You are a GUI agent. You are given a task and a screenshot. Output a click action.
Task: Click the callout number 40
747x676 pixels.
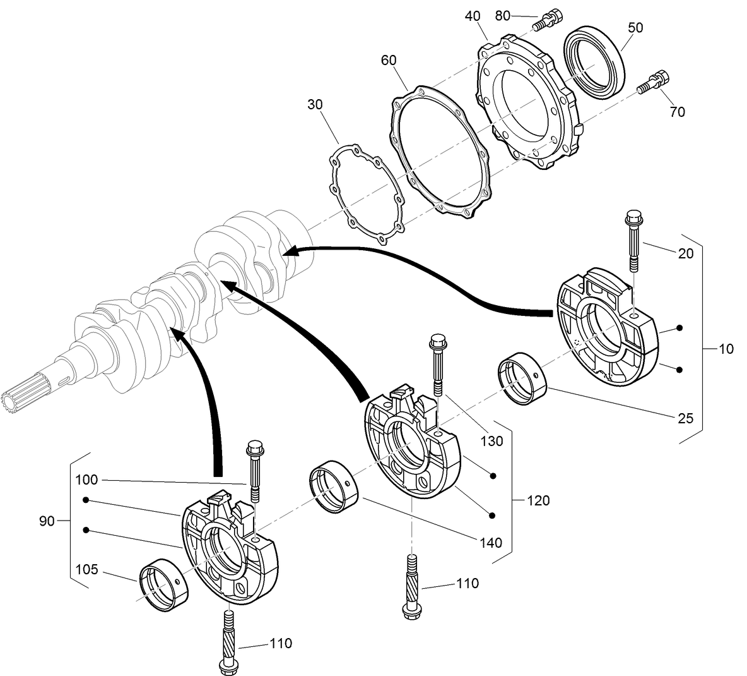[x=473, y=16]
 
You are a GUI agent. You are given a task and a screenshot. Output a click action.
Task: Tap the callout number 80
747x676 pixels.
[x=503, y=16]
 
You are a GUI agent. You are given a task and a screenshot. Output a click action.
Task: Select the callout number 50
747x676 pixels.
[x=636, y=28]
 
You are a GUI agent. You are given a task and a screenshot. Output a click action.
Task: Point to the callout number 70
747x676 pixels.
[x=677, y=112]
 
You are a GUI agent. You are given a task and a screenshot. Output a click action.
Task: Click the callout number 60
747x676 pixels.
[x=389, y=60]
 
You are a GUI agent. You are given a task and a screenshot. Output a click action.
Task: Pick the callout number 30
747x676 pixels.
[x=315, y=103]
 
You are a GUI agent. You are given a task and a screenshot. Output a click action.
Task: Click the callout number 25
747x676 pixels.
[x=685, y=418]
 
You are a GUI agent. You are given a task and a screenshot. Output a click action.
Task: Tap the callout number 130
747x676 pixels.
[x=491, y=441]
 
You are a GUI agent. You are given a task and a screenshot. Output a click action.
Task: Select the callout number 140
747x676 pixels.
[x=490, y=542]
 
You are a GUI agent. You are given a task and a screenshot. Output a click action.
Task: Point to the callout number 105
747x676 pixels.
[x=86, y=569]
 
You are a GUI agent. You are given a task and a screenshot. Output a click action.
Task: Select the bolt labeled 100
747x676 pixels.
[x=256, y=470]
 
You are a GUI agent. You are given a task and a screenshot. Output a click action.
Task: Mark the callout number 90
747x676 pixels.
[x=47, y=521]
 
